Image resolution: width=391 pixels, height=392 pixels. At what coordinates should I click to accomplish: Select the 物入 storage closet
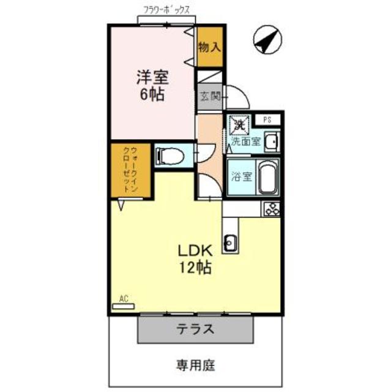(x=209, y=47)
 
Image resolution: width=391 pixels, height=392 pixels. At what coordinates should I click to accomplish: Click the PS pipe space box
(x=267, y=119)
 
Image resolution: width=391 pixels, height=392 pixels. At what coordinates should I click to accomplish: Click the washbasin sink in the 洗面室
(x=273, y=141)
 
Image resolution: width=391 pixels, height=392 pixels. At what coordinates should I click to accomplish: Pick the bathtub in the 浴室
(x=267, y=177)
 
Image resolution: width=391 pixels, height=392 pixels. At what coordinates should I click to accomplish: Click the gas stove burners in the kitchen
(x=271, y=208)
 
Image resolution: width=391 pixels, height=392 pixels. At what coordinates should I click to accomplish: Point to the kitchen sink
(x=230, y=243)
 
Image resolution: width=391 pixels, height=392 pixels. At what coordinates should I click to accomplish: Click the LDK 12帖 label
(x=195, y=258)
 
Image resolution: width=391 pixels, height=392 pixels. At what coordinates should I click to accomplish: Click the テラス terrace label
(x=195, y=330)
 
